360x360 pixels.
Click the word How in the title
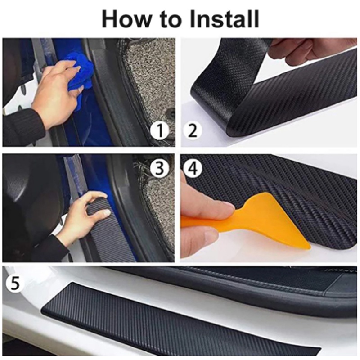click(125, 19)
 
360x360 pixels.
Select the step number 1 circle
click(160, 130)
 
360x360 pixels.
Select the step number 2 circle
click(193, 130)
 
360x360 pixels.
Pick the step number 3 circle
click(160, 168)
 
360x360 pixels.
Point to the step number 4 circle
click(193, 168)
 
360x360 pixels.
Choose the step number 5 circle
click(14, 283)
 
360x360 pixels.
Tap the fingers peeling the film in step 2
click(298, 49)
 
